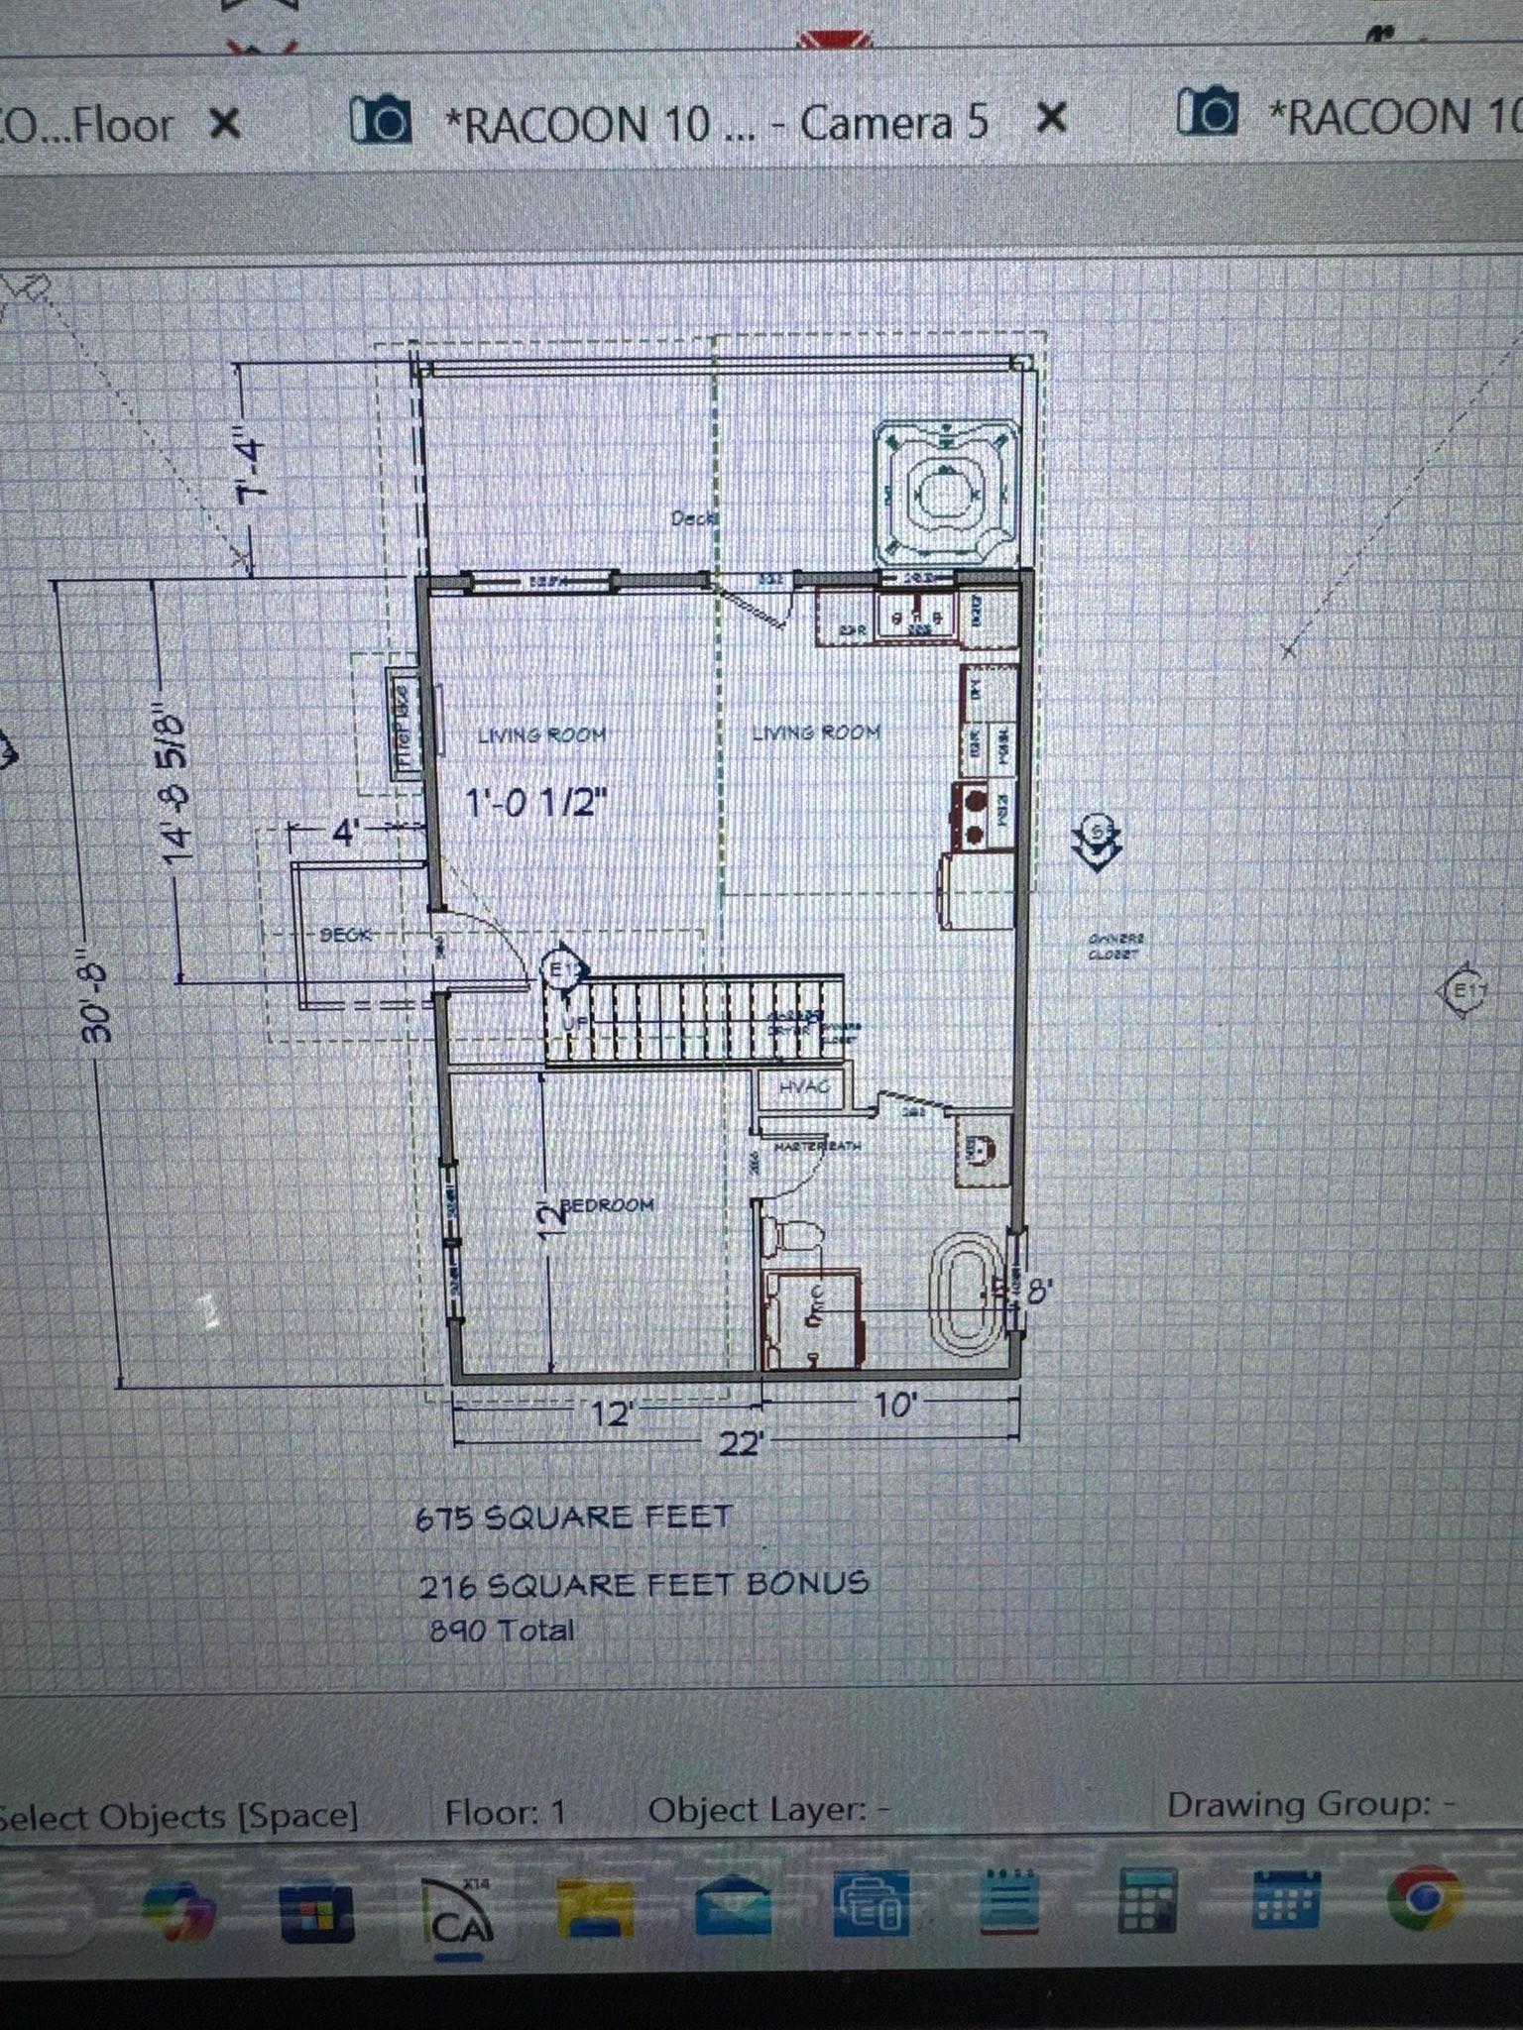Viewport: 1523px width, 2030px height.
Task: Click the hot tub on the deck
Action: (947, 492)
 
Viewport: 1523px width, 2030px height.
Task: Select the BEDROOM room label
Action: (607, 1205)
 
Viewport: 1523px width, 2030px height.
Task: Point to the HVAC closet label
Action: (803, 1087)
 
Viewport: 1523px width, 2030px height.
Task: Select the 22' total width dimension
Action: (740, 1443)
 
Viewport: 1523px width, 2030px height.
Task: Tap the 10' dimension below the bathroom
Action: (894, 1405)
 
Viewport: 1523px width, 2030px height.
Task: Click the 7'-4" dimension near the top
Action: (247, 466)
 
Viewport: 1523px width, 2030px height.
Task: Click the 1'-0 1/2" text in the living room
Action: (536, 801)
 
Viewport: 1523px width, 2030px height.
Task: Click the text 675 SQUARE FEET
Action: (573, 1518)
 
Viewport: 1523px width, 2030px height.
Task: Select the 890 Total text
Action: (502, 1631)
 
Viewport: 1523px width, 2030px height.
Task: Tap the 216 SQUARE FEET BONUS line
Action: (643, 1584)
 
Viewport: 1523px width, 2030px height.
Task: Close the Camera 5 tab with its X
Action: (1051, 120)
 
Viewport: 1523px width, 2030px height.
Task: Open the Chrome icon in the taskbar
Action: (1424, 1897)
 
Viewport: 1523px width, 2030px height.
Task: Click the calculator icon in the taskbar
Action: (1147, 1899)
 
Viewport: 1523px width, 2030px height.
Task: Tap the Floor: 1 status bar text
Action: (506, 1812)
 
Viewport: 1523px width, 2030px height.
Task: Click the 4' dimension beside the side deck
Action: (343, 833)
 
